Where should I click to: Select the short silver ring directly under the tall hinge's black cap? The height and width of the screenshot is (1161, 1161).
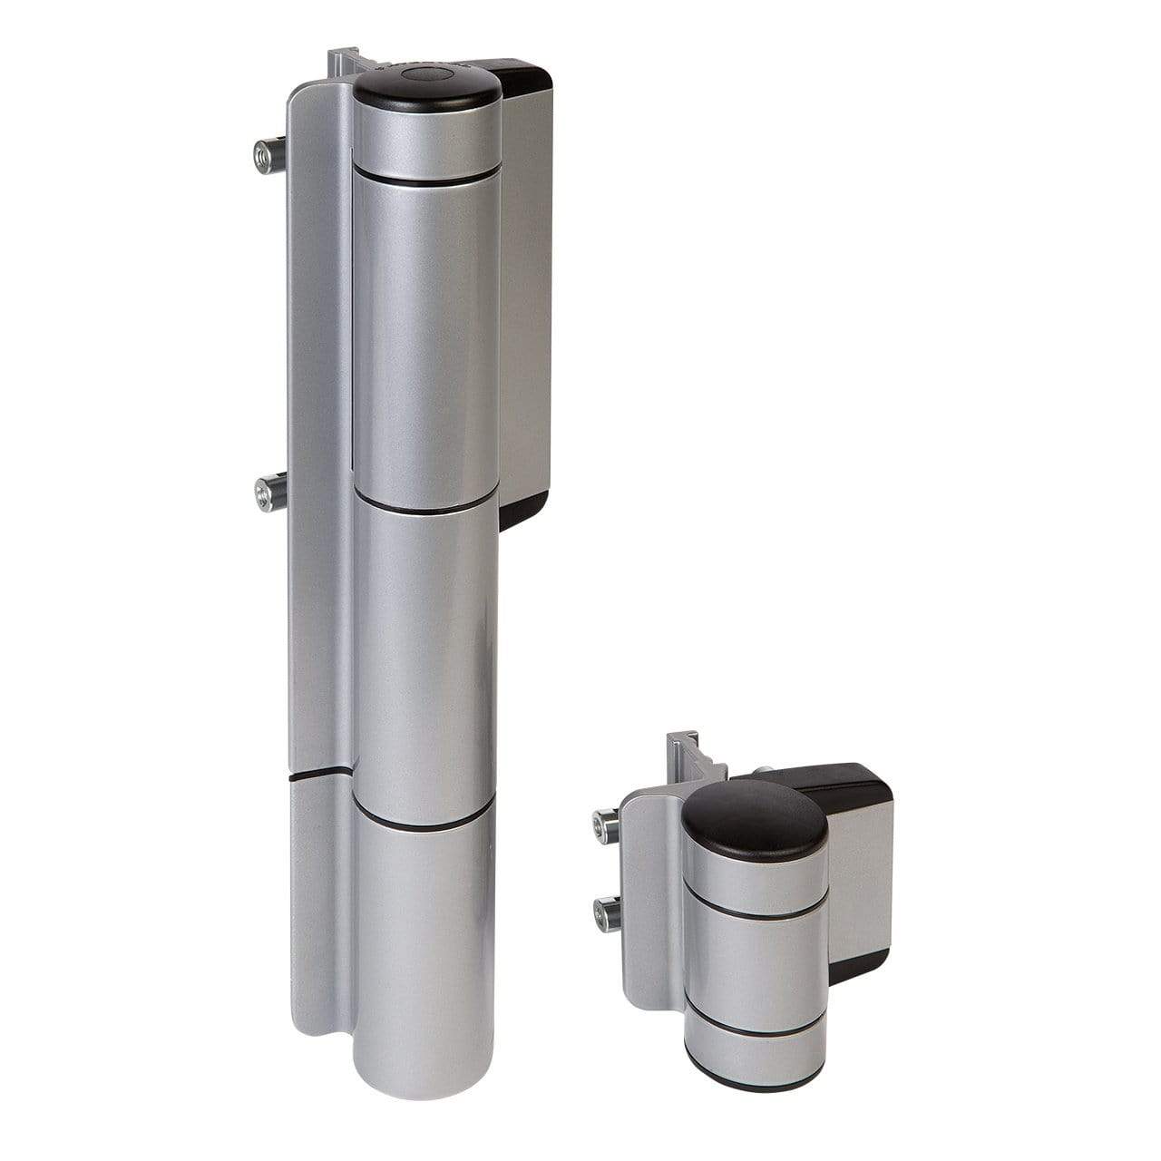[x=426, y=140]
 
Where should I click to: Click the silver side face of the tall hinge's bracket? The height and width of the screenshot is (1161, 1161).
[x=526, y=290]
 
